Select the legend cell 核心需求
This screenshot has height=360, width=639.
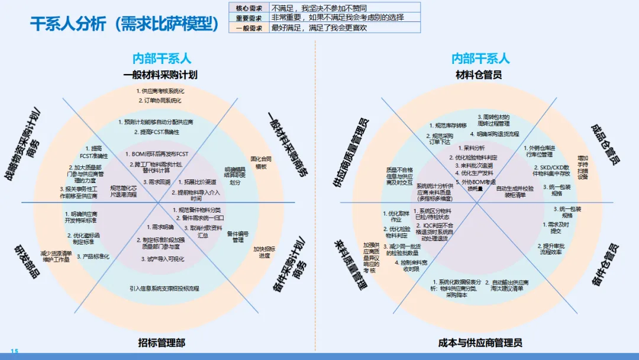250,8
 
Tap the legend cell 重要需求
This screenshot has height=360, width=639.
250,18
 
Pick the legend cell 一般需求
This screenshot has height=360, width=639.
250,28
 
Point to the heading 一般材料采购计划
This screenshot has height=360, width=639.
160,75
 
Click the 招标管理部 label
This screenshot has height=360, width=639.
162,342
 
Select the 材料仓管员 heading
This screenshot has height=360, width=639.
479,75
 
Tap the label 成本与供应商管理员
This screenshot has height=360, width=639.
480,343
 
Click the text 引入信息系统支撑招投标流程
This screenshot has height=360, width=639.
164,288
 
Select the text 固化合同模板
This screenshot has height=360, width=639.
261,163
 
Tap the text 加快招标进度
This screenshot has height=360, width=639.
264,252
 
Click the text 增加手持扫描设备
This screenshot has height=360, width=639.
583,167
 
